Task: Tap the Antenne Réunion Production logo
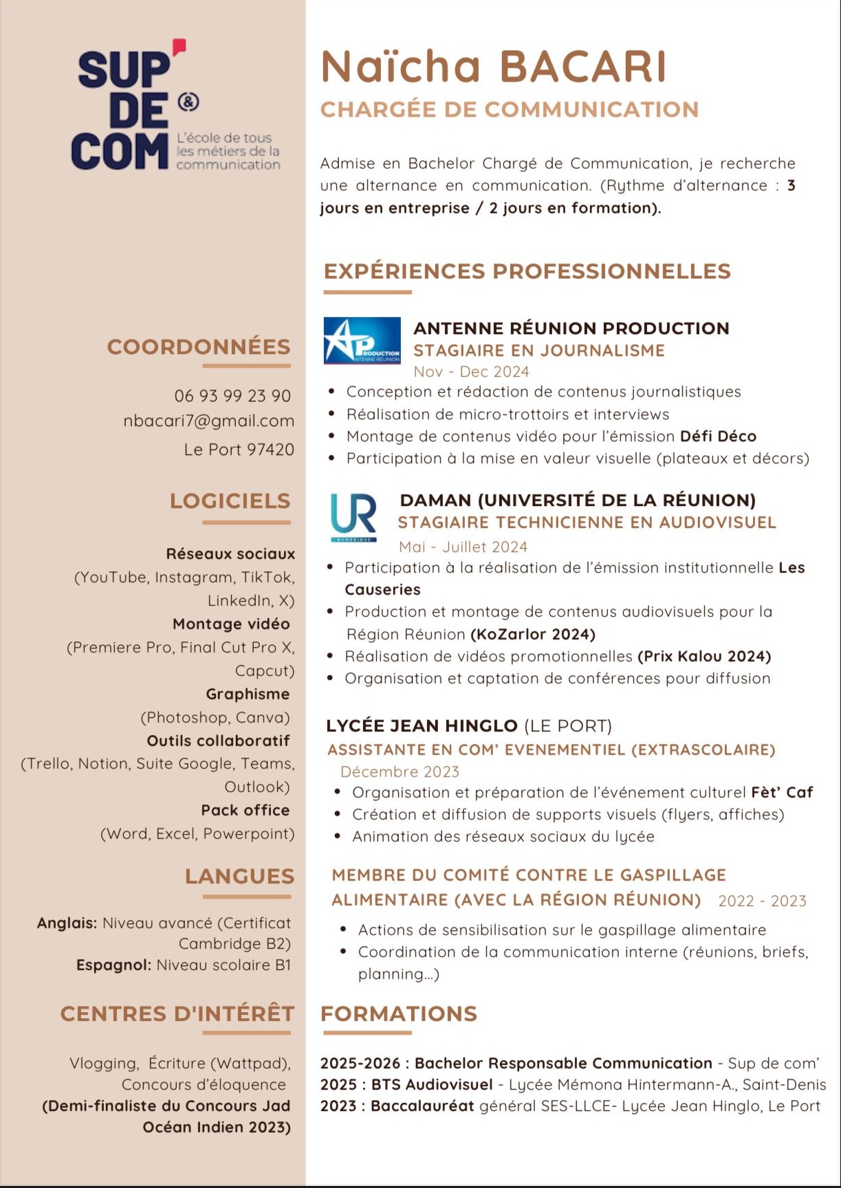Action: click(362, 340)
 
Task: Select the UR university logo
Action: click(353, 517)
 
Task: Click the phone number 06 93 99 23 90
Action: click(232, 396)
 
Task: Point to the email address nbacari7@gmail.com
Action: click(208, 421)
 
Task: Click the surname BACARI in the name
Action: click(583, 67)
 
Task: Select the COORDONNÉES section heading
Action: click(199, 346)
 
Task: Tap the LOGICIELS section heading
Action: click(230, 500)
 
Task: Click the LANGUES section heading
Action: click(239, 876)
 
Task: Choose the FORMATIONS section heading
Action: click(399, 1013)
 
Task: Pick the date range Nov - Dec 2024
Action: click(471, 372)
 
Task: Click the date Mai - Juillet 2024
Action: click(463, 547)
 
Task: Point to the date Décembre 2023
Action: click(400, 771)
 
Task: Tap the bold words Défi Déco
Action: click(718, 437)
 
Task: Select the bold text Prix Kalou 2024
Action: click(704, 657)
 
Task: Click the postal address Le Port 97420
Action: click(239, 450)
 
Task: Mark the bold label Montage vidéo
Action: click(231, 624)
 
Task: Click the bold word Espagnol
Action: click(113, 965)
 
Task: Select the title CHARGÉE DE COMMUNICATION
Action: click(510, 109)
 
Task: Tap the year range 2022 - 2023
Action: click(762, 901)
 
